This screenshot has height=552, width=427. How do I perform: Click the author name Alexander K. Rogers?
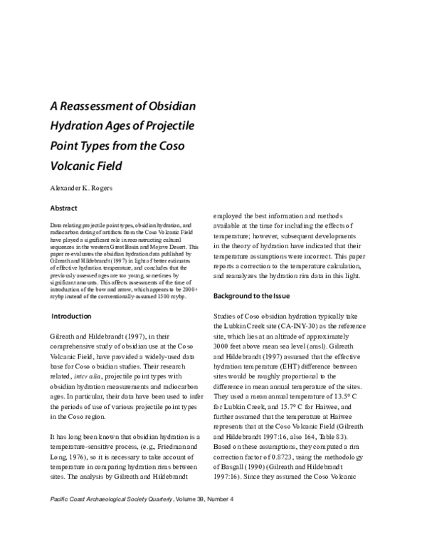(x=89, y=191)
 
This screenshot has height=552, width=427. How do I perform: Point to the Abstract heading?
(x=65, y=209)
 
